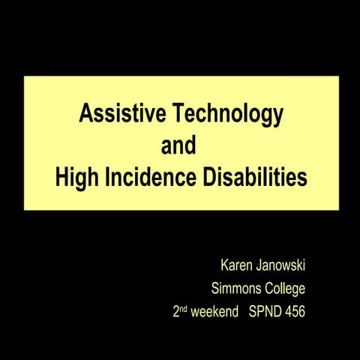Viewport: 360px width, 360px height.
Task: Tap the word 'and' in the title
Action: coord(179,146)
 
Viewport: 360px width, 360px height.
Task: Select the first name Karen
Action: coord(236,265)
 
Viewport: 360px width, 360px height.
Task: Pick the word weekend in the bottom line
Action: coord(214,310)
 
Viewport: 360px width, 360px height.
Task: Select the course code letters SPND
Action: coord(263,310)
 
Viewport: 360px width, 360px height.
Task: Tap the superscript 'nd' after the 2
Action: coord(184,307)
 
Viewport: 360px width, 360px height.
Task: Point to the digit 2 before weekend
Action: coord(175,310)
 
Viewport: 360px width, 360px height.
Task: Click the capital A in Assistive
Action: coord(85,115)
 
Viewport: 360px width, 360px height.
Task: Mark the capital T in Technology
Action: coord(178,115)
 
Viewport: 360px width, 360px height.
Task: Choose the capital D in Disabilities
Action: coord(208,178)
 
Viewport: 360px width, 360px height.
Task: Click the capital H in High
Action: coord(61,178)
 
